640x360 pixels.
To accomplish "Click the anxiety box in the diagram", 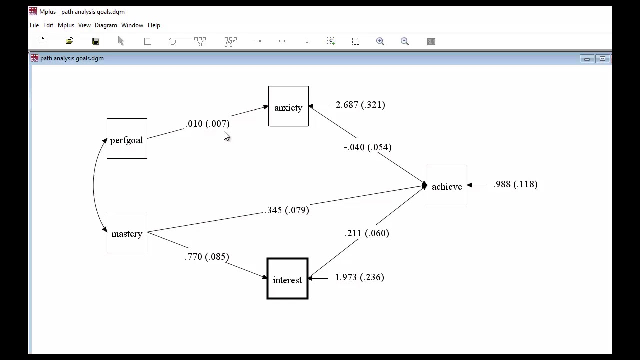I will point(288,106).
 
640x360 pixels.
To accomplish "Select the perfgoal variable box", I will point(127,139).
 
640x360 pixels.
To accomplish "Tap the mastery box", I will point(127,232).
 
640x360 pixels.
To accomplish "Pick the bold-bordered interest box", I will point(287,279).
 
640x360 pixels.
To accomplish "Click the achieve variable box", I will point(447,185).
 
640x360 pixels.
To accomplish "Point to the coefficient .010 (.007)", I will point(207,124).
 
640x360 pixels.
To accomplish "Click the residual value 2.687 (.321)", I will point(360,105).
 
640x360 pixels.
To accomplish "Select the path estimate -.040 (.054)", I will point(368,147).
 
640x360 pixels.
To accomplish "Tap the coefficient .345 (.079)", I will point(287,210).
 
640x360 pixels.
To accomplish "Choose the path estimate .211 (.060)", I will point(367,233).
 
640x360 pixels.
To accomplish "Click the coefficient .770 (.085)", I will point(207,257).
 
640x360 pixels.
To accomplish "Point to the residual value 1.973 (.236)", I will point(359,277).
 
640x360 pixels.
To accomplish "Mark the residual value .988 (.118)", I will point(515,184).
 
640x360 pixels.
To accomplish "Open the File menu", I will point(34,25).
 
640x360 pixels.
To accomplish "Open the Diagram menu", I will point(106,25).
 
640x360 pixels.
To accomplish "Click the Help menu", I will point(154,25).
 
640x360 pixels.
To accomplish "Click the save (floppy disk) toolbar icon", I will point(96,41).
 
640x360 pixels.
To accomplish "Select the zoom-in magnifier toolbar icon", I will point(380,41).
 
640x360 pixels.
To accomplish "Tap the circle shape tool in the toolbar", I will point(172,41).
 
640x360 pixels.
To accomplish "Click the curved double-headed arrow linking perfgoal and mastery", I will point(93,186).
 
